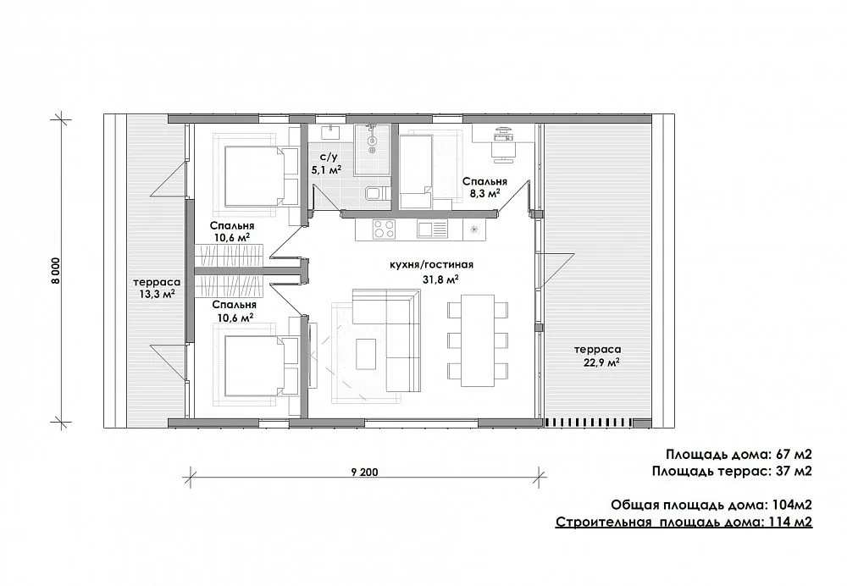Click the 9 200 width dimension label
(x=364, y=472)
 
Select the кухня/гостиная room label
(x=432, y=265)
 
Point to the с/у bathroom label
(x=329, y=158)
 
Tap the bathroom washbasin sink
(x=330, y=131)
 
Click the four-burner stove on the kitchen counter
(x=384, y=229)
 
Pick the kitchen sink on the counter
(x=433, y=229)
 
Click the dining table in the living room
(x=478, y=340)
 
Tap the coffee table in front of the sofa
(x=367, y=354)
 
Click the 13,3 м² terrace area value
(x=157, y=295)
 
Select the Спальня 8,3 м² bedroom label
(x=484, y=187)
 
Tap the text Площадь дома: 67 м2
(x=739, y=454)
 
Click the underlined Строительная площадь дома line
(x=684, y=522)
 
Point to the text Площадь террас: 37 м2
(x=732, y=471)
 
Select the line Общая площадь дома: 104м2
(x=711, y=505)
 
